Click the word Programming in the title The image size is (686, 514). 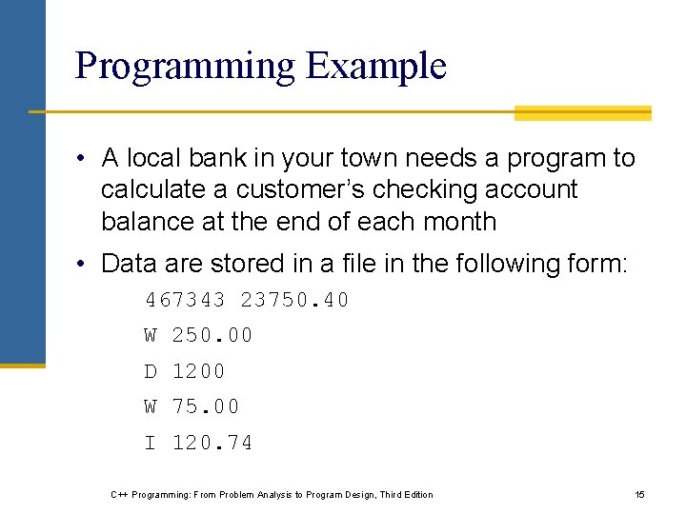[186, 67]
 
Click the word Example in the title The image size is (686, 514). [376, 67]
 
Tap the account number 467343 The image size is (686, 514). [185, 301]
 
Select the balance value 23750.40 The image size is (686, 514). [295, 301]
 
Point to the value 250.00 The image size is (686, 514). [212, 336]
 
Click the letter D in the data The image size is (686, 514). [151, 371]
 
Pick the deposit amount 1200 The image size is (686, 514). [198, 371]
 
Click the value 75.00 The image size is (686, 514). [206, 407]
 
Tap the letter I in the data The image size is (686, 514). [151, 443]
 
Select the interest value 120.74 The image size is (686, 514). [212, 443]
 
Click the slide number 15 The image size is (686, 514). [639, 494]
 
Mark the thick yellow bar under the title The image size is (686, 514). [582, 113]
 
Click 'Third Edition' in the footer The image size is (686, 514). [405, 494]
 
